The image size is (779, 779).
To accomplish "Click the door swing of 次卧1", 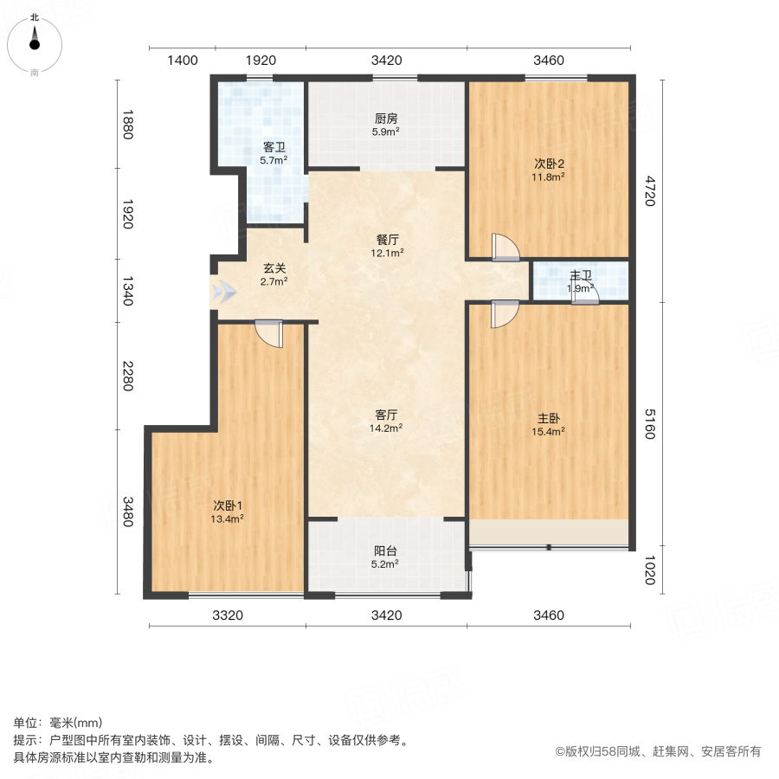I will point(269,334).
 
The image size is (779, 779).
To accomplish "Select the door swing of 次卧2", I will point(504,248).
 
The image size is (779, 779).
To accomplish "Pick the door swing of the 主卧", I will point(503,313).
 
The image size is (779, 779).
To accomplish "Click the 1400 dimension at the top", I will point(183,61).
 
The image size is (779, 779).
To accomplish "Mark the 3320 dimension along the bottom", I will point(227,615).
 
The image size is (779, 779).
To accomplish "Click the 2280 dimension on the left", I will point(127,375).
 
